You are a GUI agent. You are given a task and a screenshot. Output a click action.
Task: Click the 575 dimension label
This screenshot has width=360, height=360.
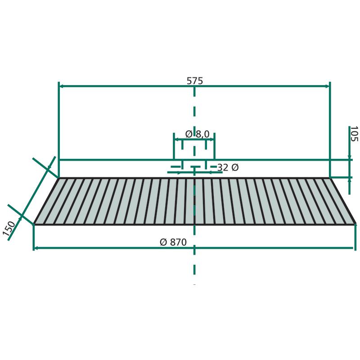195,81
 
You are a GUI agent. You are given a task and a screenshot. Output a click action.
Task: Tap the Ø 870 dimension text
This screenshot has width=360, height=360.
173,242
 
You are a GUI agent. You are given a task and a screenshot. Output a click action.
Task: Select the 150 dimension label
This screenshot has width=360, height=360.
9,229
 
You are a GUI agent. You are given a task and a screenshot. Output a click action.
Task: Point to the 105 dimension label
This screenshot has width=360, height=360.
354,134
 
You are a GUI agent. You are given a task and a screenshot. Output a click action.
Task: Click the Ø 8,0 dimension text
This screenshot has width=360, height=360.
197,134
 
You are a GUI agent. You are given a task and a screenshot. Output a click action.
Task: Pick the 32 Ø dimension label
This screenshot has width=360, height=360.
228,167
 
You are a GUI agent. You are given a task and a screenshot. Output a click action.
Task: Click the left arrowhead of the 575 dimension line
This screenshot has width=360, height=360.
61,86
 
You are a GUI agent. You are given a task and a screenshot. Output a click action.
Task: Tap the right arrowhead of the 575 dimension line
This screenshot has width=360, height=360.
328,86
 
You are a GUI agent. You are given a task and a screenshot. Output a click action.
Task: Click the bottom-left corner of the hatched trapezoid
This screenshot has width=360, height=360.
34,224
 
